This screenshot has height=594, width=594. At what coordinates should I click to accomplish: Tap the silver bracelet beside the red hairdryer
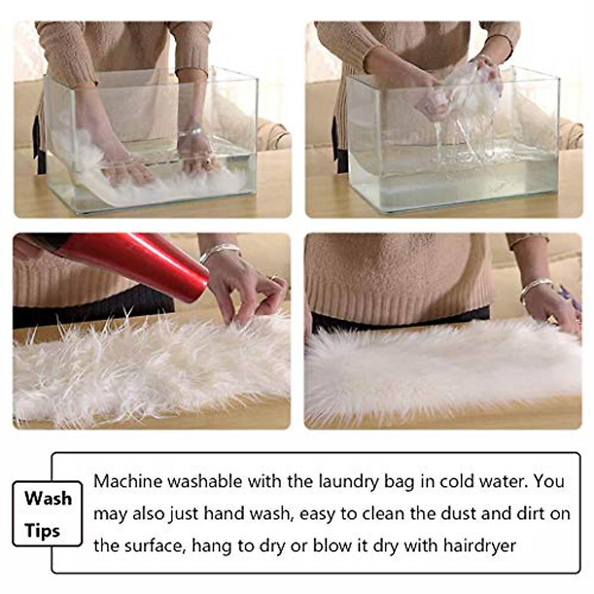point(219,251)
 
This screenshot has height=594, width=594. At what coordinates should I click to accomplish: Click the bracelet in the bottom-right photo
point(535,287)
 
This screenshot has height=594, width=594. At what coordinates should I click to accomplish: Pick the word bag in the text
point(400,482)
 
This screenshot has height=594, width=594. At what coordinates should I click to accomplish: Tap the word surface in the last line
point(153,545)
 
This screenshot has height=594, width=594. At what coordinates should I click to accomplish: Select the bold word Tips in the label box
point(42,531)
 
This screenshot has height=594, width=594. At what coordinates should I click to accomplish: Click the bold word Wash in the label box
point(48,498)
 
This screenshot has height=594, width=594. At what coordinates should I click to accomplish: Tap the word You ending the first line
point(549,481)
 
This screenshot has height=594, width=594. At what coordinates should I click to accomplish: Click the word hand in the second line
point(224,513)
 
